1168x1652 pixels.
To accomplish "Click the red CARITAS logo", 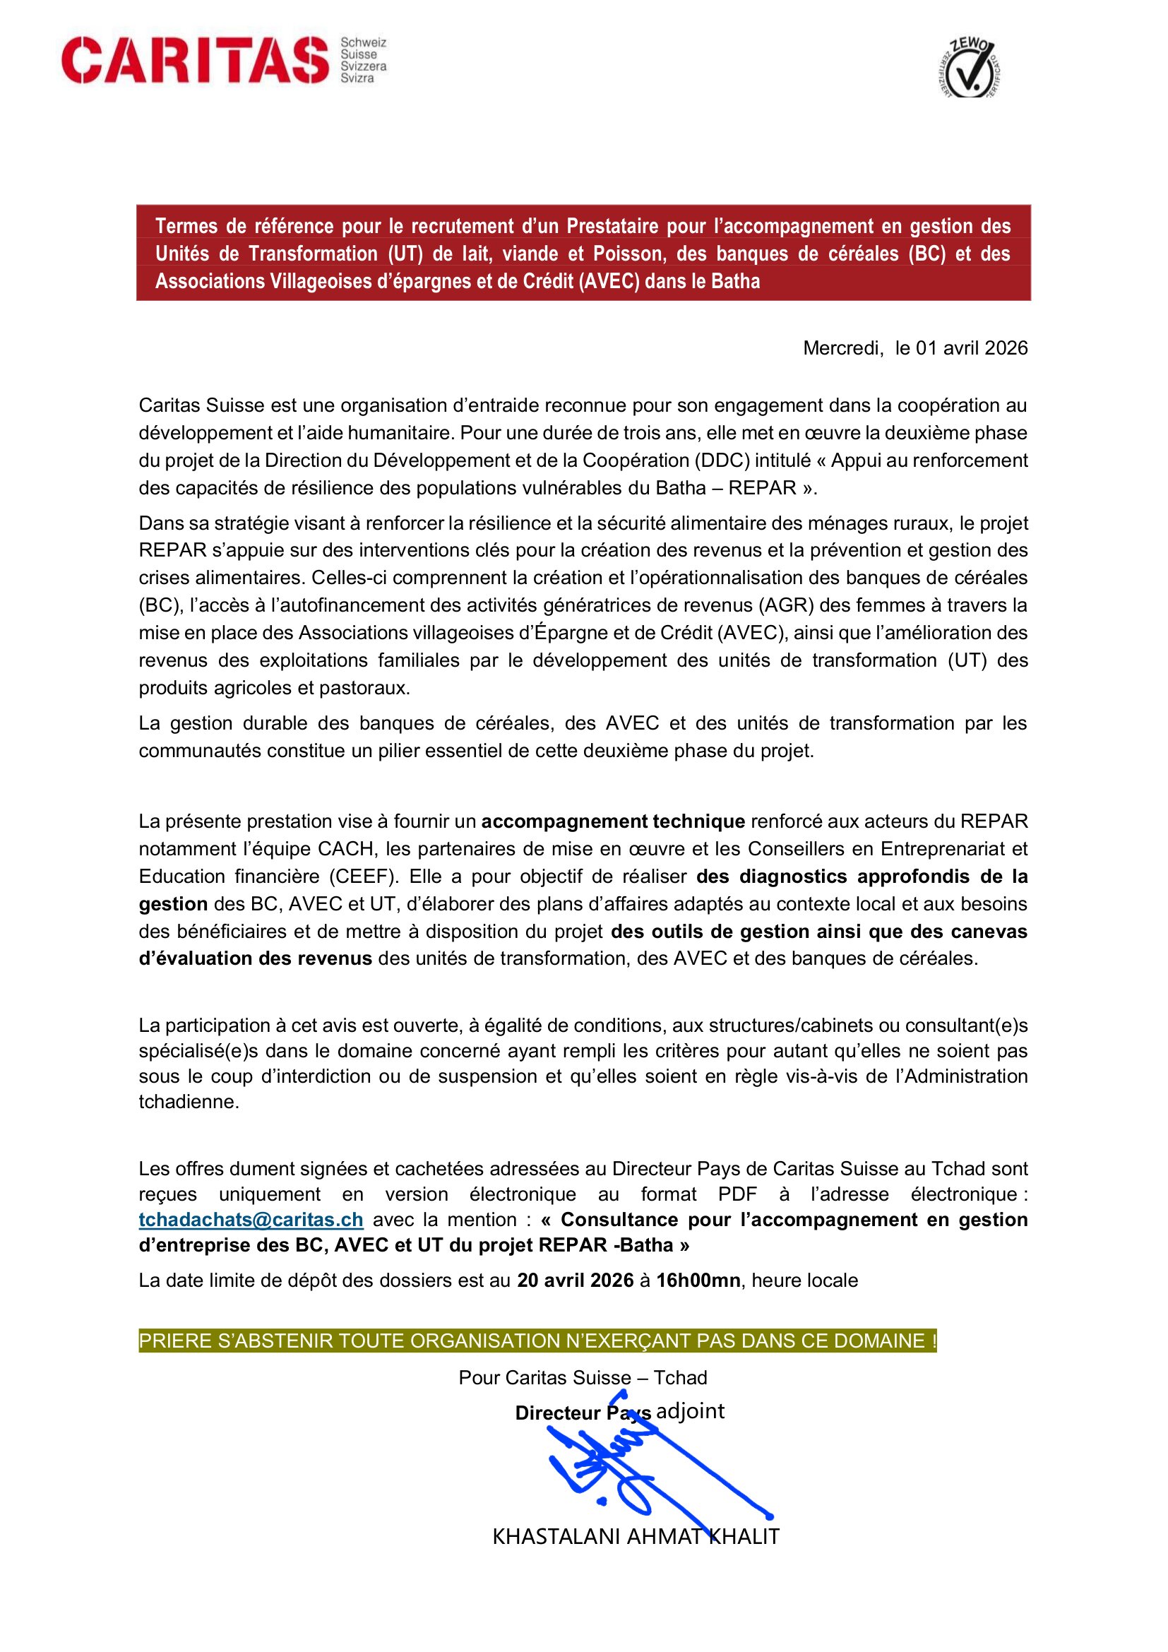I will (195, 60).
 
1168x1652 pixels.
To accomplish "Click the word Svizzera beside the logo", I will (363, 66).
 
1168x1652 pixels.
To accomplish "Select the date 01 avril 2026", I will (971, 348).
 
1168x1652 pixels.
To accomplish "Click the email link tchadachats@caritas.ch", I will (251, 1220).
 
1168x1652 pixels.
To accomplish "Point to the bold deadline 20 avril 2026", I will (576, 1280).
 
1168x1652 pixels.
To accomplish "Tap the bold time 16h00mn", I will (698, 1280).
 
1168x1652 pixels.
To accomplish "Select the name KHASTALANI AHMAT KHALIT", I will (636, 1537).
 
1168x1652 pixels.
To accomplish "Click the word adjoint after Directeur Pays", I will (691, 1411).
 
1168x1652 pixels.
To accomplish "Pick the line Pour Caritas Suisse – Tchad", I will (583, 1378).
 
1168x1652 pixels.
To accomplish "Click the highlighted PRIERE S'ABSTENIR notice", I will (537, 1341).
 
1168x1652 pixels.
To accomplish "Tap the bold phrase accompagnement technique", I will (613, 821).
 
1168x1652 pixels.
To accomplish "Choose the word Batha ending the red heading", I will (736, 281).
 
